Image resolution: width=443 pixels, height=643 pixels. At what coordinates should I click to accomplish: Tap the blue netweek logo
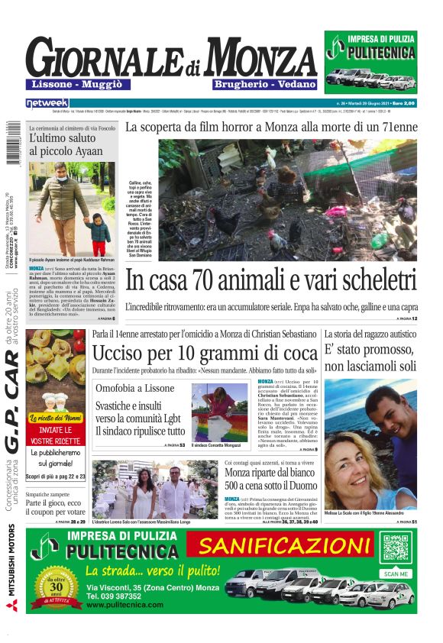click(47, 102)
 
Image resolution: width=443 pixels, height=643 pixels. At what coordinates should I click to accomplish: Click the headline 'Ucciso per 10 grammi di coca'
click(204, 354)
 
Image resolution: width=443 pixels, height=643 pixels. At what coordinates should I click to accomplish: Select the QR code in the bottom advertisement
click(396, 548)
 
